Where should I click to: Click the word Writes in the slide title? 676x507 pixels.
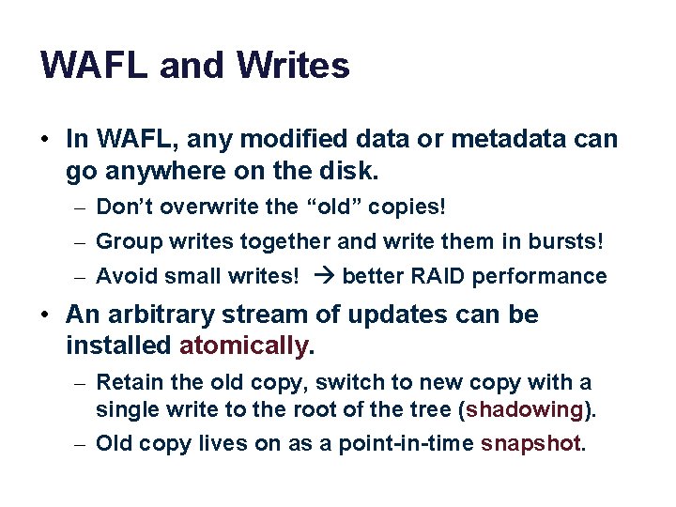[x=293, y=66]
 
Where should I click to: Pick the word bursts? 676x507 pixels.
[x=563, y=241]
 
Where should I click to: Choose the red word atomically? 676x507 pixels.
[x=243, y=346]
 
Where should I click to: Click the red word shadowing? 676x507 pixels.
[x=524, y=409]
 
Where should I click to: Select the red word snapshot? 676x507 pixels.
[x=531, y=443]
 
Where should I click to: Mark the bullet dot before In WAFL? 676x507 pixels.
[x=45, y=140]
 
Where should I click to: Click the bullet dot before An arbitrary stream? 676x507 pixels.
[x=45, y=315]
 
